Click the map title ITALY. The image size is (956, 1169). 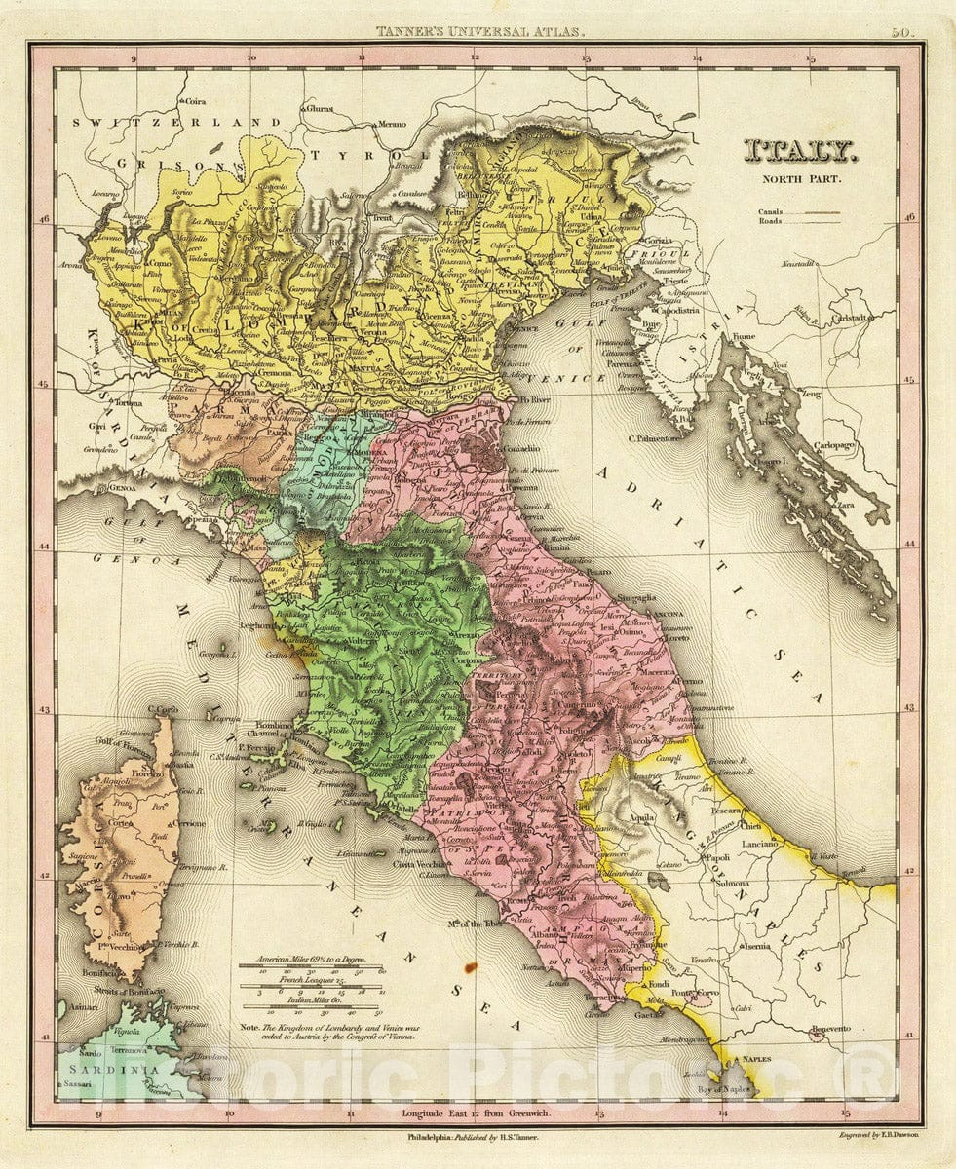click(x=800, y=150)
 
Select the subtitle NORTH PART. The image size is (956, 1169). click(x=800, y=178)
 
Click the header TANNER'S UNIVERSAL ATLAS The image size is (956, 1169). click(x=481, y=32)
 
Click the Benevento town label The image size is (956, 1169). click(x=828, y=1029)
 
